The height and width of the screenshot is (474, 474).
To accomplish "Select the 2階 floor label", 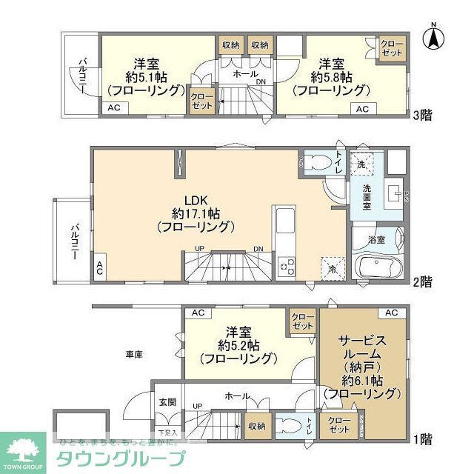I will click(x=422, y=281).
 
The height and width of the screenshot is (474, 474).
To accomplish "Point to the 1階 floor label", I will click(x=422, y=438).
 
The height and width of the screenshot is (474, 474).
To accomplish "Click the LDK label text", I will click(x=198, y=199).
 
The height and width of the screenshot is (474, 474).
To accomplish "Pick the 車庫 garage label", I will click(x=133, y=354).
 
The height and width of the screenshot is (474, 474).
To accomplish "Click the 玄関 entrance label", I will click(x=167, y=402).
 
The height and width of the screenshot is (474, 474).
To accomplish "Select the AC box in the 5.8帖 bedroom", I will click(x=362, y=109).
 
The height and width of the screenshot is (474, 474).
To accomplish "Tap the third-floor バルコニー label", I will click(x=81, y=74).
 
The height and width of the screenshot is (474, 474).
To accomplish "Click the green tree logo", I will click(x=24, y=448).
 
